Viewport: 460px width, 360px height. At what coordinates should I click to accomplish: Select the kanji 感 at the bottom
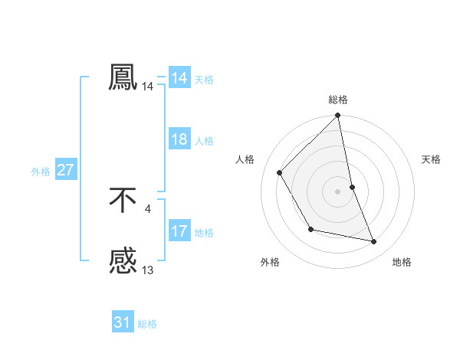(123, 262)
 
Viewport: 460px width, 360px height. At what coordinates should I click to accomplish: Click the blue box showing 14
(179, 78)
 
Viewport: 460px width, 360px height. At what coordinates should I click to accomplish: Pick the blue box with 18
(179, 140)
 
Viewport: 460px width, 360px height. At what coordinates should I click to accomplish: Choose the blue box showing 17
(179, 231)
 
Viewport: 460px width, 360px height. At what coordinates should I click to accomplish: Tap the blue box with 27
(66, 171)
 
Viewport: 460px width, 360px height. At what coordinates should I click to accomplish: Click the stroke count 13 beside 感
(148, 270)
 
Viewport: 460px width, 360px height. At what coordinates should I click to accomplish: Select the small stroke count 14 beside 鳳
(148, 87)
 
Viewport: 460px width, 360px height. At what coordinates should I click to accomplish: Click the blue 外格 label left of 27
(41, 172)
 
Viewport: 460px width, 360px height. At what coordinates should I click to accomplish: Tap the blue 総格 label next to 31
(147, 324)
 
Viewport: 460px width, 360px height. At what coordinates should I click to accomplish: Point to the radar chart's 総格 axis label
(338, 100)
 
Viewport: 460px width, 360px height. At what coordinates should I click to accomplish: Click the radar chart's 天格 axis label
(432, 159)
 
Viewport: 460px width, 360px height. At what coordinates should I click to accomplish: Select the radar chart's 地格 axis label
(402, 262)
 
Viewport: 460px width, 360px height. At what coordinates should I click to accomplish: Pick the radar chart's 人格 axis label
(245, 159)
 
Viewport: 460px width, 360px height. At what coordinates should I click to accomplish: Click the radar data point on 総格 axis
(338, 116)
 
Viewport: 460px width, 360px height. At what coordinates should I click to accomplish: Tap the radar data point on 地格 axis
(374, 241)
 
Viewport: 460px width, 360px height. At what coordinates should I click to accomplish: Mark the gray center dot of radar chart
(338, 191)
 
